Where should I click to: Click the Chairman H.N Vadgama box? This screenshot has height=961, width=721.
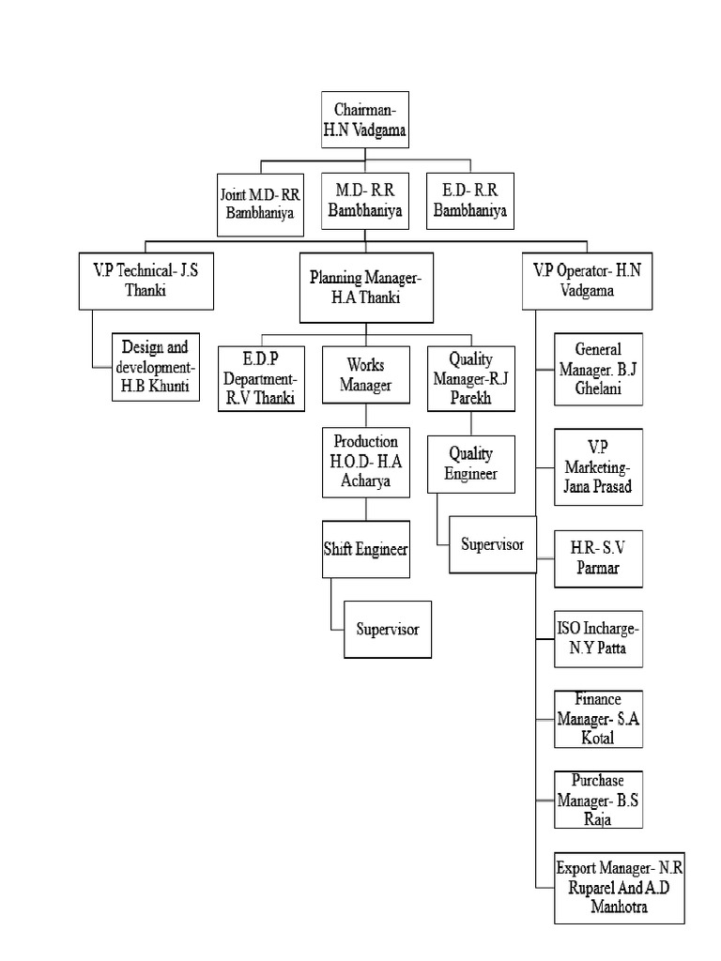(365, 120)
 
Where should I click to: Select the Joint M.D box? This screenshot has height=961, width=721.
(259, 202)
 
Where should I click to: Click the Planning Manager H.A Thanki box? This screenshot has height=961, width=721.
(366, 287)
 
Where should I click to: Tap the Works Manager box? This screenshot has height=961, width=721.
(365, 374)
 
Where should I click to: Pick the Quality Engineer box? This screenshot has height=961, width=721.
(470, 464)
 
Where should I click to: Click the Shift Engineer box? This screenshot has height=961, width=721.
(365, 549)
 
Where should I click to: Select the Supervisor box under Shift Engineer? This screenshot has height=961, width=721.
(388, 629)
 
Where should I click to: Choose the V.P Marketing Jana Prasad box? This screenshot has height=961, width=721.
(598, 465)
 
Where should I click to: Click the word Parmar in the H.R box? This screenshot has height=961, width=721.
(598, 569)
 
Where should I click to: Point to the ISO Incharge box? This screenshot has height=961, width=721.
(598, 637)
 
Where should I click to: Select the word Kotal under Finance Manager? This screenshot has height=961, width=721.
(597, 738)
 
